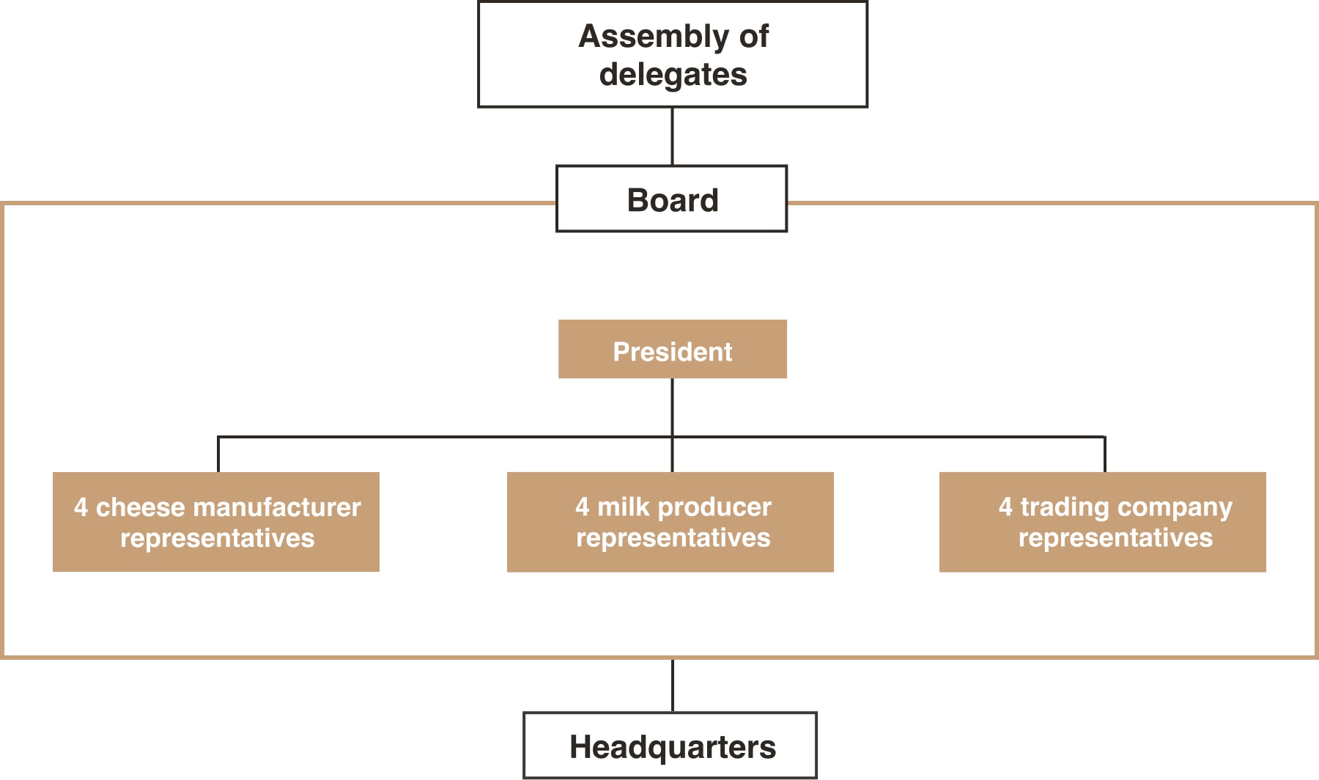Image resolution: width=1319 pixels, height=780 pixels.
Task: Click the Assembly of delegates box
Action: pos(672,54)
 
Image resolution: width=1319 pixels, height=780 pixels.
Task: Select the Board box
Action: pos(671,199)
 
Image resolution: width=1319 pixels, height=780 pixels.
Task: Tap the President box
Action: pos(672,350)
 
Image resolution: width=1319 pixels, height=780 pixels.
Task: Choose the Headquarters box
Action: pos(670,745)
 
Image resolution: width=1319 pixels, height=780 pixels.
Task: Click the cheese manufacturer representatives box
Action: pos(216,522)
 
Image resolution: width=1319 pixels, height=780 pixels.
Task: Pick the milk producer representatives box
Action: pos(670,522)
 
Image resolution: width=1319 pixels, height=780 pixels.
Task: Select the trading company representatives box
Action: pos(1102,522)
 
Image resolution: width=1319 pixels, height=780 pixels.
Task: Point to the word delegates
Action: pos(673,75)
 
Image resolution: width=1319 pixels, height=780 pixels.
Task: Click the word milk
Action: pos(623,507)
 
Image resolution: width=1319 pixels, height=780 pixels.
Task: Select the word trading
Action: pos(1065,507)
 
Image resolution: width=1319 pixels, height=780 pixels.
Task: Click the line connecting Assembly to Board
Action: pos(672,136)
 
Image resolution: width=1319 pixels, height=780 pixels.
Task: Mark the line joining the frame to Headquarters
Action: pos(672,685)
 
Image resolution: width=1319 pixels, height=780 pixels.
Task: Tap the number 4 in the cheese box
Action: pos(81,507)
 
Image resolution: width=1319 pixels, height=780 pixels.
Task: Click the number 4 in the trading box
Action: pos(1005,507)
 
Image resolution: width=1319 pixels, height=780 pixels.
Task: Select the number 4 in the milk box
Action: pos(582,507)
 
